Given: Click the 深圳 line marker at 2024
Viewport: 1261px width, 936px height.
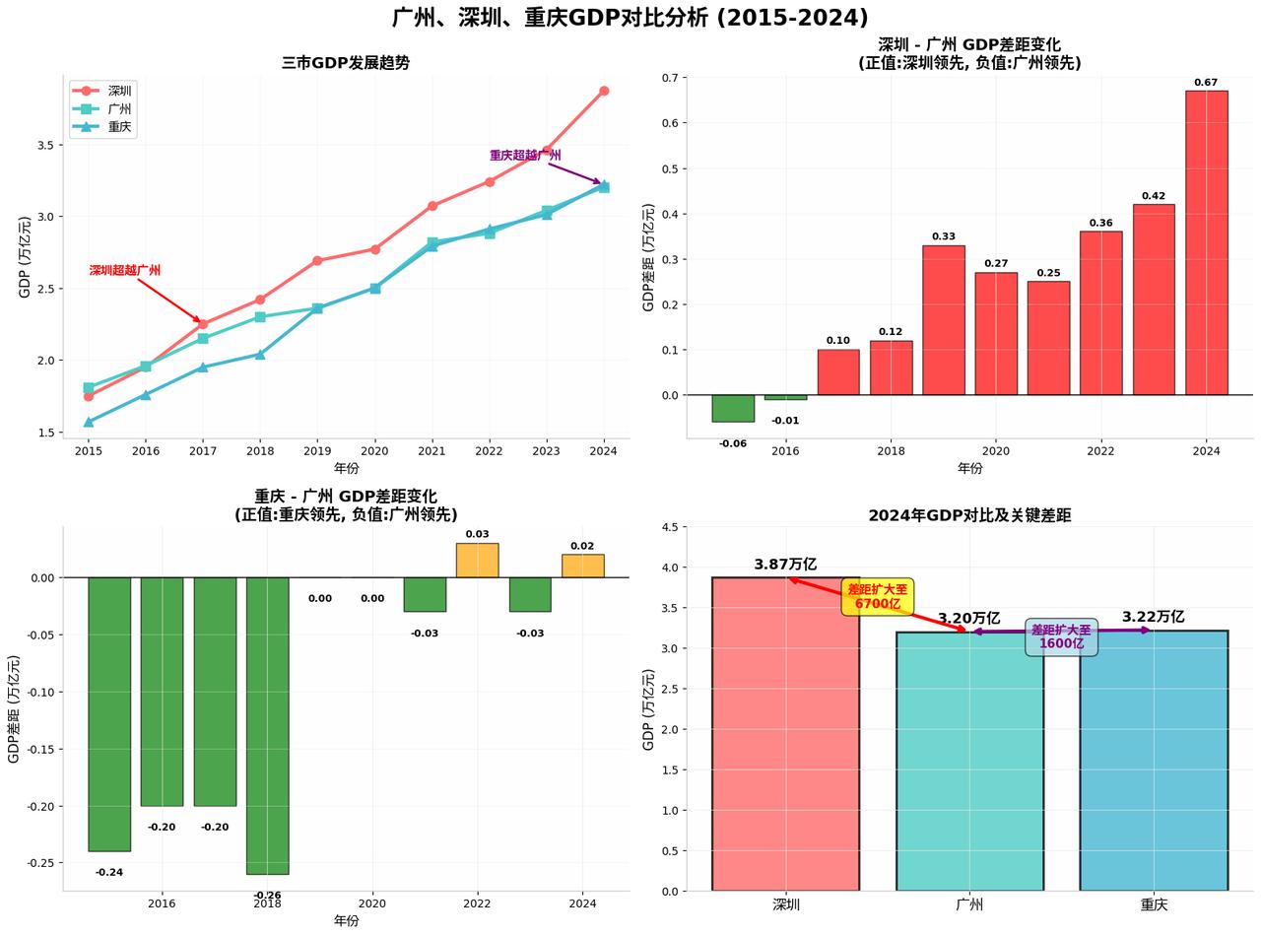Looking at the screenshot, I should point(604,91).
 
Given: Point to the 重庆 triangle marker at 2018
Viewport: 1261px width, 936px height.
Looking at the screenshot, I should point(260,355).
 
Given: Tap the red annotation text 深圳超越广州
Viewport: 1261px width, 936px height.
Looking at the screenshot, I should point(125,270).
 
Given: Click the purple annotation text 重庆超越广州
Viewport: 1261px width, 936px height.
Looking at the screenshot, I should point(525,156).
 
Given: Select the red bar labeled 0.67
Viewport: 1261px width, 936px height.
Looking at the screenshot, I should point(1206,241).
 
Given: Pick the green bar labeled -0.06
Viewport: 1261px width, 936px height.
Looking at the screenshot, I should point(733,408).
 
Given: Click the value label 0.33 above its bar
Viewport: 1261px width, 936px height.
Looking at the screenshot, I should point(943,236).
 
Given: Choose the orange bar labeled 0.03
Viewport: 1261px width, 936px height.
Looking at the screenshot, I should point(477,560).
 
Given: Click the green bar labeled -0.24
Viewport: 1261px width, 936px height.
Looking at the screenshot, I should point(109,713).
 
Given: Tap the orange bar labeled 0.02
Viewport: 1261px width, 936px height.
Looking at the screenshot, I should point(582,566).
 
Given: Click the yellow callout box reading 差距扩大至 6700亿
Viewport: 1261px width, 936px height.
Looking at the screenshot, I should point(878,597).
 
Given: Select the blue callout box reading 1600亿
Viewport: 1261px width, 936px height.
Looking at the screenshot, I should point(1061,636).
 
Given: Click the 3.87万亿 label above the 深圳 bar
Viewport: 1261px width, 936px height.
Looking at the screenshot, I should point(785,565).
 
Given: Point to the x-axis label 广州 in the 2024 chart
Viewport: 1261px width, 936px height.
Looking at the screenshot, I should point(969,904).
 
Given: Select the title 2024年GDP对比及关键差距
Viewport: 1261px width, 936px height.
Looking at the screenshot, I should point(969,515).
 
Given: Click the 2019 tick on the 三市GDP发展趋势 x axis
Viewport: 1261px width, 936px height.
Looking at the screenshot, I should point(317,451).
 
